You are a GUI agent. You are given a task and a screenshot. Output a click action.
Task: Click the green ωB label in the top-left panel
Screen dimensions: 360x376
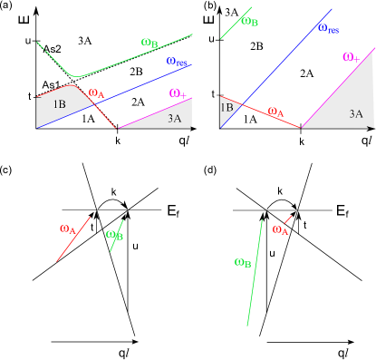click(149, 43)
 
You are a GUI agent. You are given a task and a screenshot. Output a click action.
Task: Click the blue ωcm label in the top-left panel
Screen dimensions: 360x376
click(177, 63)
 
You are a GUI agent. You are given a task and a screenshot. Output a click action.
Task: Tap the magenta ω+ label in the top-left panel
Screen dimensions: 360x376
click(178, 93)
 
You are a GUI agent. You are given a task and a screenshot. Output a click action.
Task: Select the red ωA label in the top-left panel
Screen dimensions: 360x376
click(97, 92)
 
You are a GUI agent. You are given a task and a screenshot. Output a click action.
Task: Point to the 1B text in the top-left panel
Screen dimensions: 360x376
click(59, 104)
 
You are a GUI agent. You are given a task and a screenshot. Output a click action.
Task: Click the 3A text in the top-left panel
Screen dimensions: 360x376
click(173, 118)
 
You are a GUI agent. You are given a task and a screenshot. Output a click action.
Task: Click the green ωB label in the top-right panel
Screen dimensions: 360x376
click(250, 21)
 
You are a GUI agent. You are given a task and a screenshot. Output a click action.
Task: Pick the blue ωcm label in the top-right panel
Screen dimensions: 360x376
click(328, 29)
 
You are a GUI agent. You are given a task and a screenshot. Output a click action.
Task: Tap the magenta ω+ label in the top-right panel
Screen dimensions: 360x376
click(352, 58)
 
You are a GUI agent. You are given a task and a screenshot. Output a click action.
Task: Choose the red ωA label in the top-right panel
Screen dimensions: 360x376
click(276, 112)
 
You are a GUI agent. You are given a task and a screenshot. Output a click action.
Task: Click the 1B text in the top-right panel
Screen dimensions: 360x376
click(227, 107)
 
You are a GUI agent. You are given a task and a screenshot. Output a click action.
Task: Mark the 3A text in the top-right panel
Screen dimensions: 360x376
click(356, 114)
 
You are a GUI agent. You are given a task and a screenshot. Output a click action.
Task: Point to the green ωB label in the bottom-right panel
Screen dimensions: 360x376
click(243, 263)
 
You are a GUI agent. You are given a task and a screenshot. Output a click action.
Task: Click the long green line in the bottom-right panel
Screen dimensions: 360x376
click(255, 272)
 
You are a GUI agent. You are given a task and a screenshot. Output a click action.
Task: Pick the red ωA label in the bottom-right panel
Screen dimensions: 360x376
click(281, 230)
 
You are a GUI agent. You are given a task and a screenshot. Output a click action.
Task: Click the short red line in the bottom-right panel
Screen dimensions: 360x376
click(289, 219)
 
